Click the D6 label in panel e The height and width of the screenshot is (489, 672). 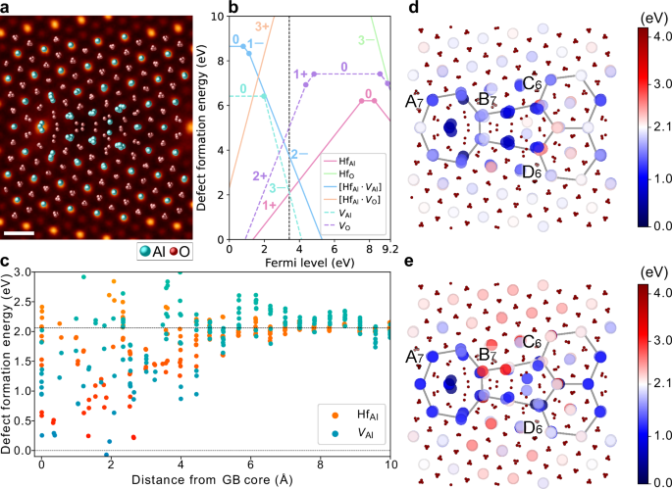(x=533, y=426)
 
